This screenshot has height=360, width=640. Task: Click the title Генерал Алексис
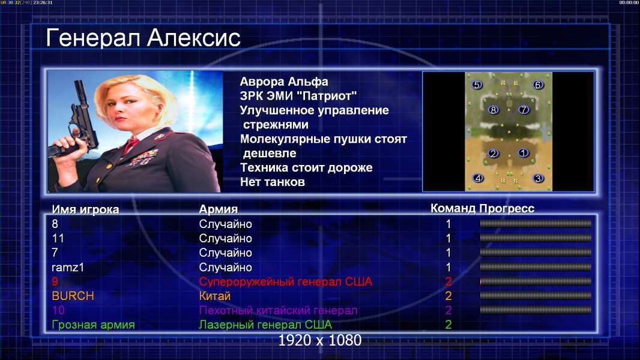[x=143, y=38]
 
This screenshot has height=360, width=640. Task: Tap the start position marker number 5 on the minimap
[x=477, y=85]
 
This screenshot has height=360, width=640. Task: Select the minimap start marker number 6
[x=537, y=85]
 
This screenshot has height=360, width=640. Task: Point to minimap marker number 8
[x=493, y=110]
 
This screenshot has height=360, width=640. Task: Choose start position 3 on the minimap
[x=538, y=179]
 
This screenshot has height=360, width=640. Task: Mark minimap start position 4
[x=477, y=178]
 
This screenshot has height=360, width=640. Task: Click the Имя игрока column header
[x=85, y=209]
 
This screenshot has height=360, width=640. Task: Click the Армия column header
[x=218, y=209]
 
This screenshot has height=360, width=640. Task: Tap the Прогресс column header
[x=507, y=209]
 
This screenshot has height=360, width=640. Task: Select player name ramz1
[x=68, y=268]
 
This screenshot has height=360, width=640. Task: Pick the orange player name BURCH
[x=73, y=296]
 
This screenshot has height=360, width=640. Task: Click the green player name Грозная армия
[x=93, y=325]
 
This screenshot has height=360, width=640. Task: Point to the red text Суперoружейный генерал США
[x=285, y=282]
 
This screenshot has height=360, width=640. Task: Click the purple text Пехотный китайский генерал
[x=278, y=311]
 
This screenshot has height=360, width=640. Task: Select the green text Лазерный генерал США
[x=265, y=325]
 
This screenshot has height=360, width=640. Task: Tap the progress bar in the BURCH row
[x=536, y=296]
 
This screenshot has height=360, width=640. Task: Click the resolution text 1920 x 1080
[x=319, y=340]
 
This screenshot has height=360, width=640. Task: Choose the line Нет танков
[x=272, y=182]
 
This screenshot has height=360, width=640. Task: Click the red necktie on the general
[x=131, y=145]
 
